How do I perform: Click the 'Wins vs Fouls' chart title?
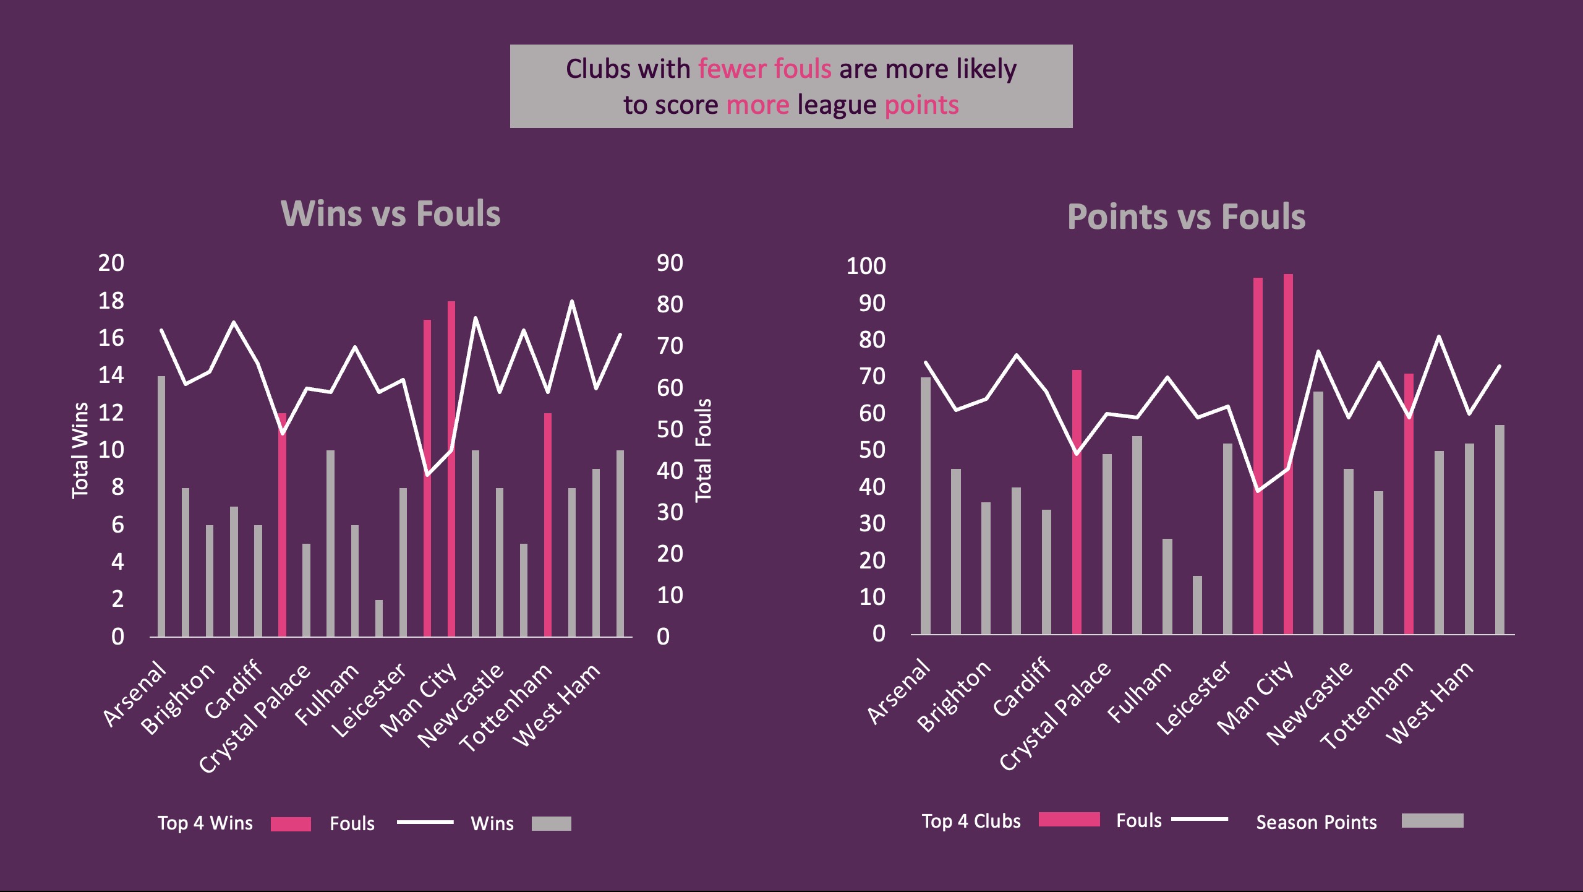pos(391,214)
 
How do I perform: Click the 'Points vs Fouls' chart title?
pos(1186,217)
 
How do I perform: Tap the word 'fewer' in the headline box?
pos(732,69)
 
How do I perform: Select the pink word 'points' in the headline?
pos(921,105)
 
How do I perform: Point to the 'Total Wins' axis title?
pos(80,450)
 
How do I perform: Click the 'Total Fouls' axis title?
pos(704,450)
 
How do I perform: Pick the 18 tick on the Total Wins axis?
pos(111,301)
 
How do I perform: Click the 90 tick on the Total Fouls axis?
pos(670,263)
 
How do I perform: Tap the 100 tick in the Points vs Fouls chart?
pos(866,266)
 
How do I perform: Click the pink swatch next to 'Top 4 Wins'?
pos(291,824)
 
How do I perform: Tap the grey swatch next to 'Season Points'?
pos(1432,821)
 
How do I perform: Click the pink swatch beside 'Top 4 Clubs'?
pos(1069,820)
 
